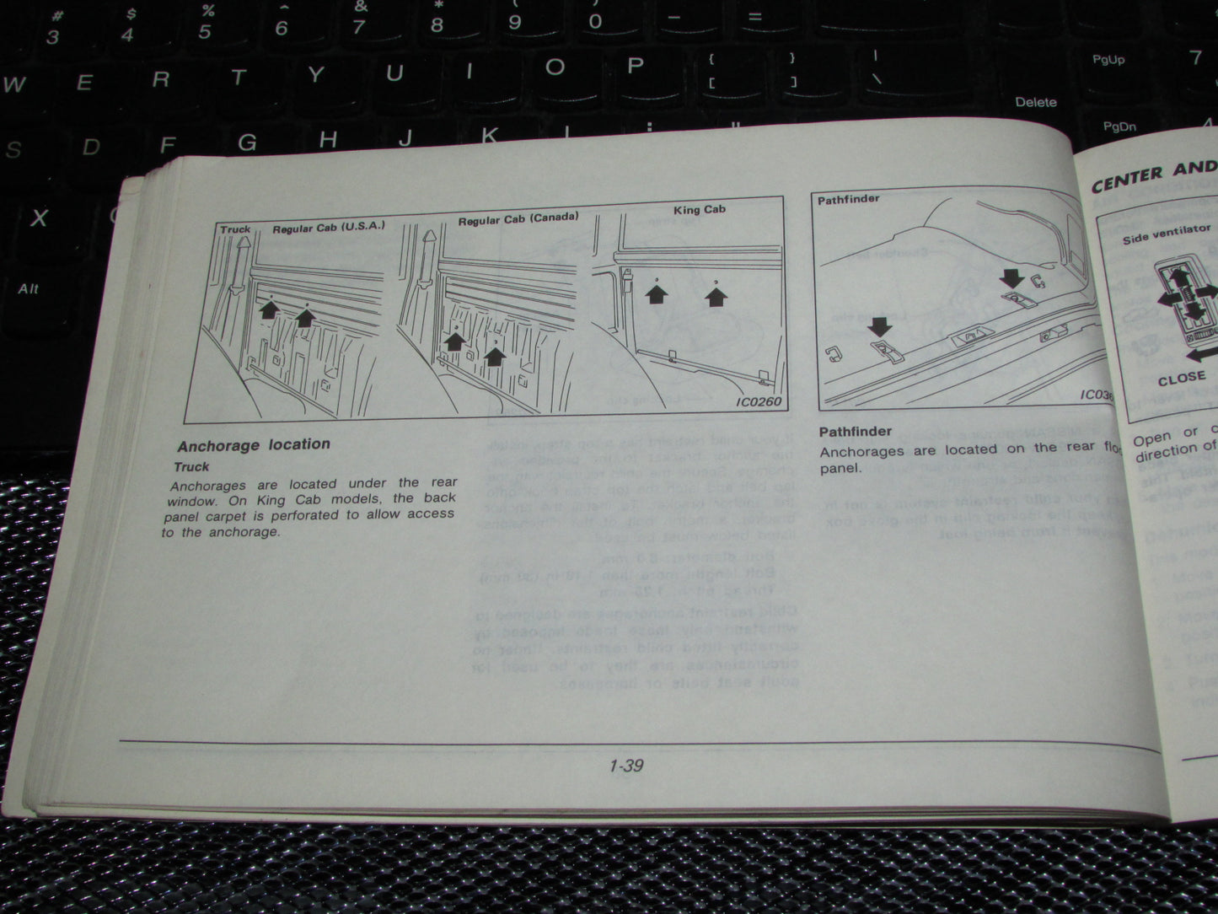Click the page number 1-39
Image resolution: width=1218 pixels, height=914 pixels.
625,766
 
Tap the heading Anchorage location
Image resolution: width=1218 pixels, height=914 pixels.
254,444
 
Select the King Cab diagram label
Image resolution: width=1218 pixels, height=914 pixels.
699,209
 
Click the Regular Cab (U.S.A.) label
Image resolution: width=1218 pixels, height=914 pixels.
328,228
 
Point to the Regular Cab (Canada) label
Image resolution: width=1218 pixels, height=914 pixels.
518,218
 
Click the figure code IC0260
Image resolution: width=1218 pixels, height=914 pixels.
758,401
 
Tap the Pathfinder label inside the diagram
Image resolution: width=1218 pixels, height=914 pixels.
848,200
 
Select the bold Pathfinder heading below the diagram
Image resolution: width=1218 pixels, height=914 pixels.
855,432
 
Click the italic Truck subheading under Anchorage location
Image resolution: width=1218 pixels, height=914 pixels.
191,466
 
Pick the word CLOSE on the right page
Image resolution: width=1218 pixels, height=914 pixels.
1181,379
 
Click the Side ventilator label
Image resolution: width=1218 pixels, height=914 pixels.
1166,234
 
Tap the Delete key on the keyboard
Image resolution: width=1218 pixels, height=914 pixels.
1036,102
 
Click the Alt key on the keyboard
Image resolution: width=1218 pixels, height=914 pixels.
29,288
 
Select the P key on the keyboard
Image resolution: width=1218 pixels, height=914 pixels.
636,67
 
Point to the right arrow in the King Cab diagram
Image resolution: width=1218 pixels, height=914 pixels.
716,295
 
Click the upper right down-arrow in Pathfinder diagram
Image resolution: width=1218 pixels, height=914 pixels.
1011,279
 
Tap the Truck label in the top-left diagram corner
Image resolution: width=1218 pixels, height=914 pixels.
235,229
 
